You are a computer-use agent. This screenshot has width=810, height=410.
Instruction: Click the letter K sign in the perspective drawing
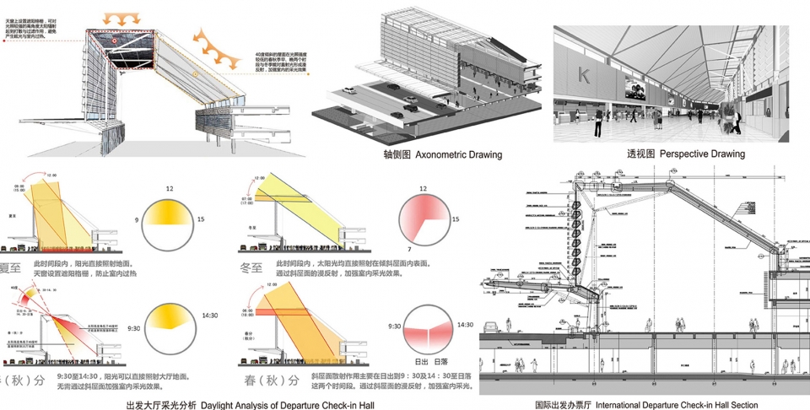pyautogui.click(x=583, y=77)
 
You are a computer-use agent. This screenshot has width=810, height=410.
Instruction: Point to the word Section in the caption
pyautogui.click(x=740, y=405)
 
